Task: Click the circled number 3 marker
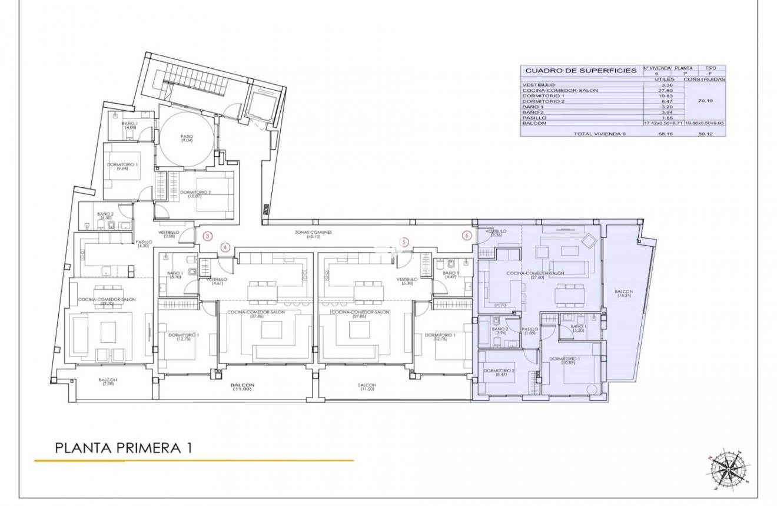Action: pos(207,236)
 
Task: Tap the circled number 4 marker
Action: pos(225,248)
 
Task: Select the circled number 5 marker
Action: pos(403,241)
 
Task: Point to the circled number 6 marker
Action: pos(467,236)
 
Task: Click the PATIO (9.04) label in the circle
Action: pos(187,138)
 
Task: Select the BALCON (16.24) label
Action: pos(624,294)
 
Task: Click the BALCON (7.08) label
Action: pos(108,382)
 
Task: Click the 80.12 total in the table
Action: pos(706,134)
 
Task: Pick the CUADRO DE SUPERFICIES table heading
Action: pos(580,70)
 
